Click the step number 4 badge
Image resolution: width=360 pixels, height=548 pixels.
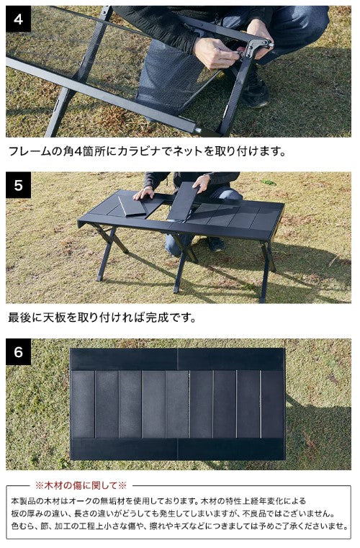click(x=19, y=19)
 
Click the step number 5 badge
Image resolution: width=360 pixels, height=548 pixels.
click(x=19, y=185)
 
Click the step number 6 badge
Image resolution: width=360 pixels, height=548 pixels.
click(x=19, y=352)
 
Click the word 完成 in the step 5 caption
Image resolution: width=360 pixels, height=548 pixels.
click(x=161, y=318)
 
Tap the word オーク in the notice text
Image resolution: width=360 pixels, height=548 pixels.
click(x=91, y=500)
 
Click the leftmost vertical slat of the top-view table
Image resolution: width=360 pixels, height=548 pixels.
click(x=83, y=404)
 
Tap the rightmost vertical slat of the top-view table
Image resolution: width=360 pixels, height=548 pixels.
click(x=272, y=404)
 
